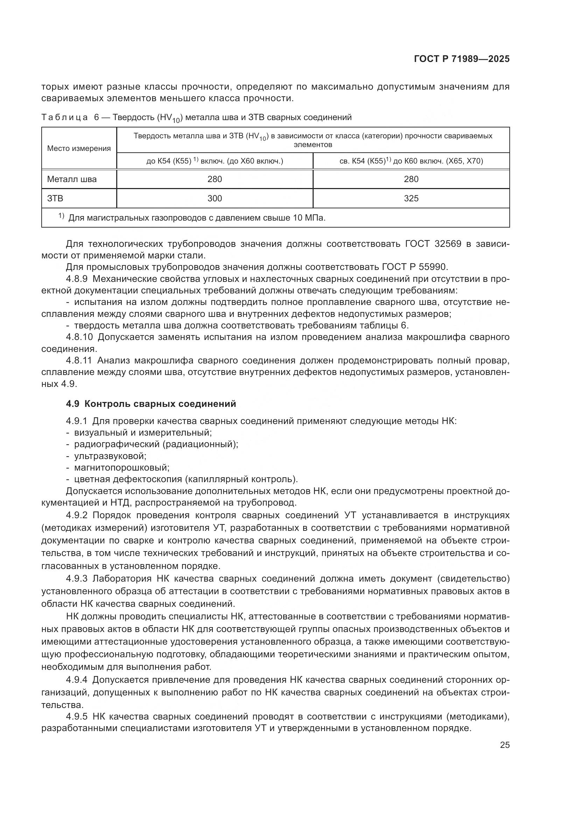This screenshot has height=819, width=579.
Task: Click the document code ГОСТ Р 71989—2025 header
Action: tap(461, 59)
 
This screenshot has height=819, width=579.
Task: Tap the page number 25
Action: tap(504, 745)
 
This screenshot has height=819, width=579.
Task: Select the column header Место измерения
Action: tap(79, 148)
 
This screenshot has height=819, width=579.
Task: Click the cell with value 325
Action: tap(411, 198)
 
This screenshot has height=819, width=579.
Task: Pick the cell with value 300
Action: tap(215, 198)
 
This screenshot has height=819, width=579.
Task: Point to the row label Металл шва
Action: tap(72, 179)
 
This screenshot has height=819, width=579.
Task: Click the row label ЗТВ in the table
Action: tap(55, 198)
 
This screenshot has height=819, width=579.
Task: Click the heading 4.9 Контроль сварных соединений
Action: tap(151, 404)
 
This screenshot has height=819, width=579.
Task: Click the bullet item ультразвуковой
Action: tap(110, 456)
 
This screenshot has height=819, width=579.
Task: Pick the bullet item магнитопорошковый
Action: tap(121, 467)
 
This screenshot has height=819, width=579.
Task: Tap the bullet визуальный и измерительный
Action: tap(142, 433)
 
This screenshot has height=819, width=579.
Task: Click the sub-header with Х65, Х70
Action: tap(411, 161)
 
